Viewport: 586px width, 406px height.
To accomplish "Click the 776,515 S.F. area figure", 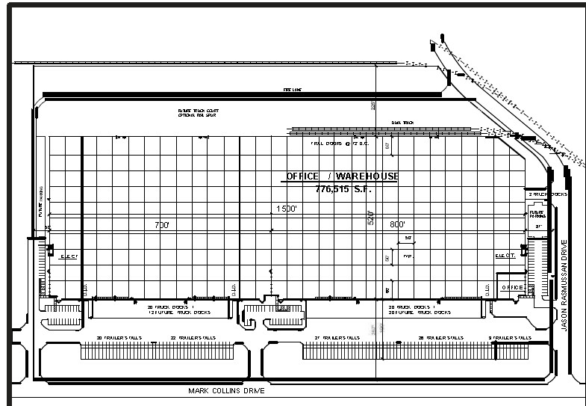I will (343, 189).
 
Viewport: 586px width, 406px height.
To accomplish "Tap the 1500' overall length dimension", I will (287, 209).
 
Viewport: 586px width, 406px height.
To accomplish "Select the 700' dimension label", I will (162, 224).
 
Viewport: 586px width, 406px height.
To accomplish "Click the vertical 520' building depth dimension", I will (370, 217).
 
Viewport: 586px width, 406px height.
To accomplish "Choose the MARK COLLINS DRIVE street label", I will (228, 390).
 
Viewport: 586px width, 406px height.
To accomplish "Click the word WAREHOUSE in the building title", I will (367, 176).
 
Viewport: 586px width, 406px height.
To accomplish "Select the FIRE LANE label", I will (291, 89).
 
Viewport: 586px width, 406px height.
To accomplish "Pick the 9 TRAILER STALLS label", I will (511, 337).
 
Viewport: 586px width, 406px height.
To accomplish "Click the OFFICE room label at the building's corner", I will (511, 287).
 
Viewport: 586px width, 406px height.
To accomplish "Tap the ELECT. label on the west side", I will (69, 256).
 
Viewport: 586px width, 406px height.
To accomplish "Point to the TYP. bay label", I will (408, 255).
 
